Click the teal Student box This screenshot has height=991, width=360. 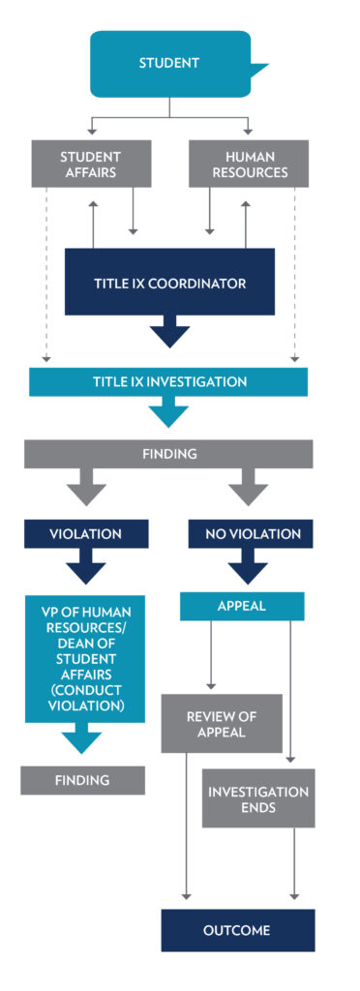170,63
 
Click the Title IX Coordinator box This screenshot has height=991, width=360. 169,283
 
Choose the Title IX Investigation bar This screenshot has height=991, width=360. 168,382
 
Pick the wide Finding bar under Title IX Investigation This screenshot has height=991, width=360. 168,452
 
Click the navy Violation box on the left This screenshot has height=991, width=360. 86,533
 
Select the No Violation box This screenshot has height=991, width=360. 252,533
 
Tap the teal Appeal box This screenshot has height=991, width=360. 242,606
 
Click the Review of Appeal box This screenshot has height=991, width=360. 222,722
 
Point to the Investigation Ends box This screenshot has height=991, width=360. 258,798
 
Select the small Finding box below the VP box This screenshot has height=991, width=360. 82,779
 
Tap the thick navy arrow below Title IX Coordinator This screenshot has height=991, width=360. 169,332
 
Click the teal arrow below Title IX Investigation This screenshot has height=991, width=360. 168,412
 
